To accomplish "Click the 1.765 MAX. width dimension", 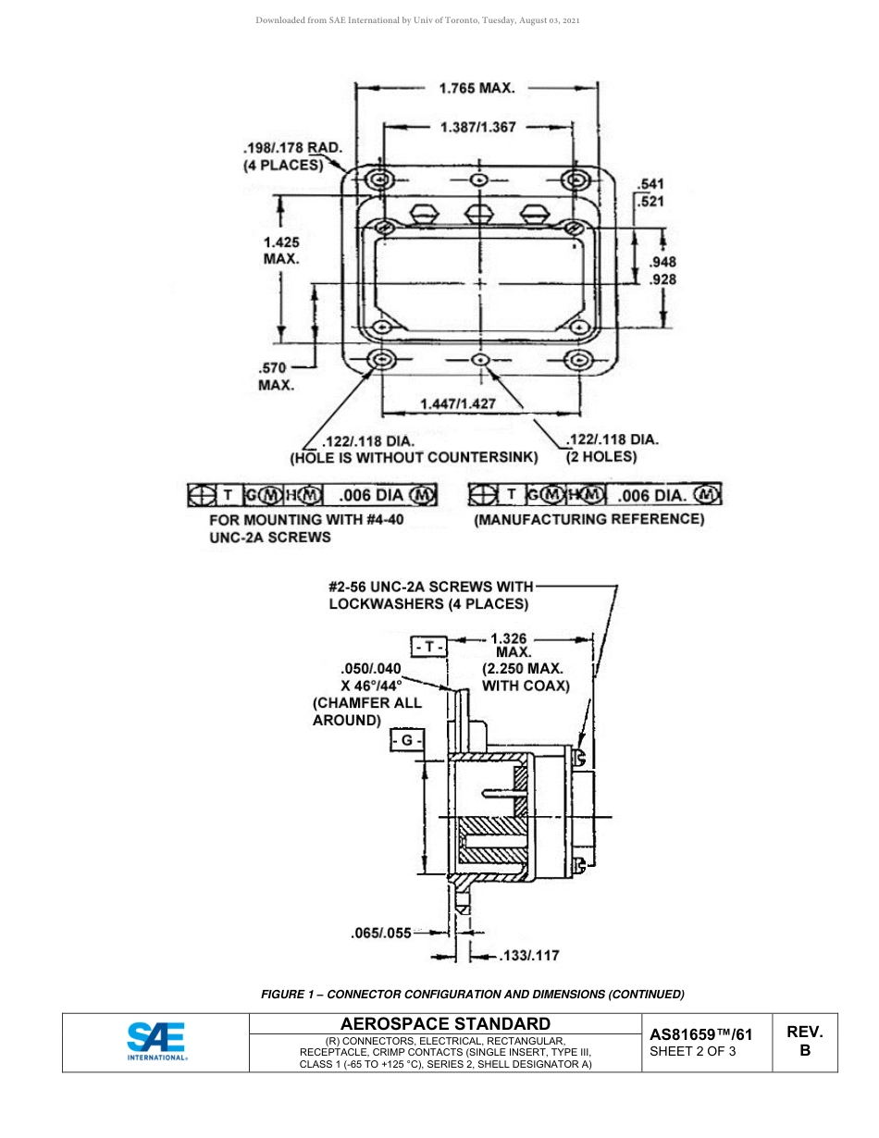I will (x=477, y=89).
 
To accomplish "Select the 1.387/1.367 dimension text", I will (x=478, y=127).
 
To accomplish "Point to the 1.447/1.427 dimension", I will (x=457, y=403).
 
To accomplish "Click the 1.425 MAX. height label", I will (x=281, y=251).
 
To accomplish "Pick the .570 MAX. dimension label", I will (x=276, y=377).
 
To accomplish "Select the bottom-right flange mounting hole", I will (x=578, y=360).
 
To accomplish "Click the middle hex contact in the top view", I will (x=478, y=213).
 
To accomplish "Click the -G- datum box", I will (x=407, y=741).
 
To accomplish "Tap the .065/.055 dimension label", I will (x=380, y=934).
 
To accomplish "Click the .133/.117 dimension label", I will (x=528, y=955).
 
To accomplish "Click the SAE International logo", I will (x=156, y=1041).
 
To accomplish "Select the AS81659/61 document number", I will (x=700, y=1035).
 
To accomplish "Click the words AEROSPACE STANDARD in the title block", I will (x=445, y=1023).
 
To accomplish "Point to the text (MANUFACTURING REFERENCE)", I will (x=588, y=520).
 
